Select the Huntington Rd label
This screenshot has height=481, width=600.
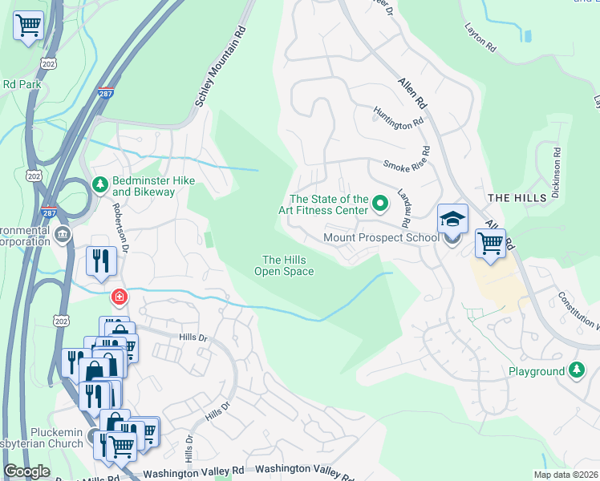(398, 119)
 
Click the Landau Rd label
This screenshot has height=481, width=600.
(405, 208)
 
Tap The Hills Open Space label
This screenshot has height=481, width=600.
(284, 265)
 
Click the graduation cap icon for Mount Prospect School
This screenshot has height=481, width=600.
(452, 219)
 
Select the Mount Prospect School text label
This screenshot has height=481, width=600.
(381, 237)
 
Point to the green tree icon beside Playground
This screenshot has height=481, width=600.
(576, 370)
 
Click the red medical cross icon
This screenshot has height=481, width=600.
(120, 297)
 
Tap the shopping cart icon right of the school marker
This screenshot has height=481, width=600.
(490, 242)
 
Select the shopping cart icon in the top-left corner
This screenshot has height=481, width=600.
(28, 26)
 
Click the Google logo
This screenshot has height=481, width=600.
(26, 471)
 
